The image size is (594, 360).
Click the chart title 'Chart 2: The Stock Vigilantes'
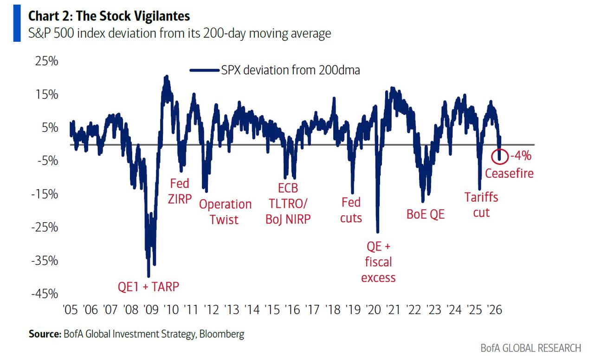tap(109, 16)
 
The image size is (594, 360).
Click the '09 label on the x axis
tap(150, 309)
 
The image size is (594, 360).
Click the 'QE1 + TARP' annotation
tap(148, 287)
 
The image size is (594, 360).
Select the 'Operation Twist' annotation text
tap(225, 212)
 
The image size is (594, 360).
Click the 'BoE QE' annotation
tap(426, 214)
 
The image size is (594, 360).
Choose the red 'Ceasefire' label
tap(509, 174)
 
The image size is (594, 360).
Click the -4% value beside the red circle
tap(520, 156)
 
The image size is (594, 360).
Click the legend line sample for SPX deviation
tap(204, 71)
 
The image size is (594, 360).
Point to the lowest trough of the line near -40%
tap(148, 276)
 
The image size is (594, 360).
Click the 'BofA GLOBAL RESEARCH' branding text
tap(530, 348)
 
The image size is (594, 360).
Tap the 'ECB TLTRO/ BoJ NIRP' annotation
tap(288, 204)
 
